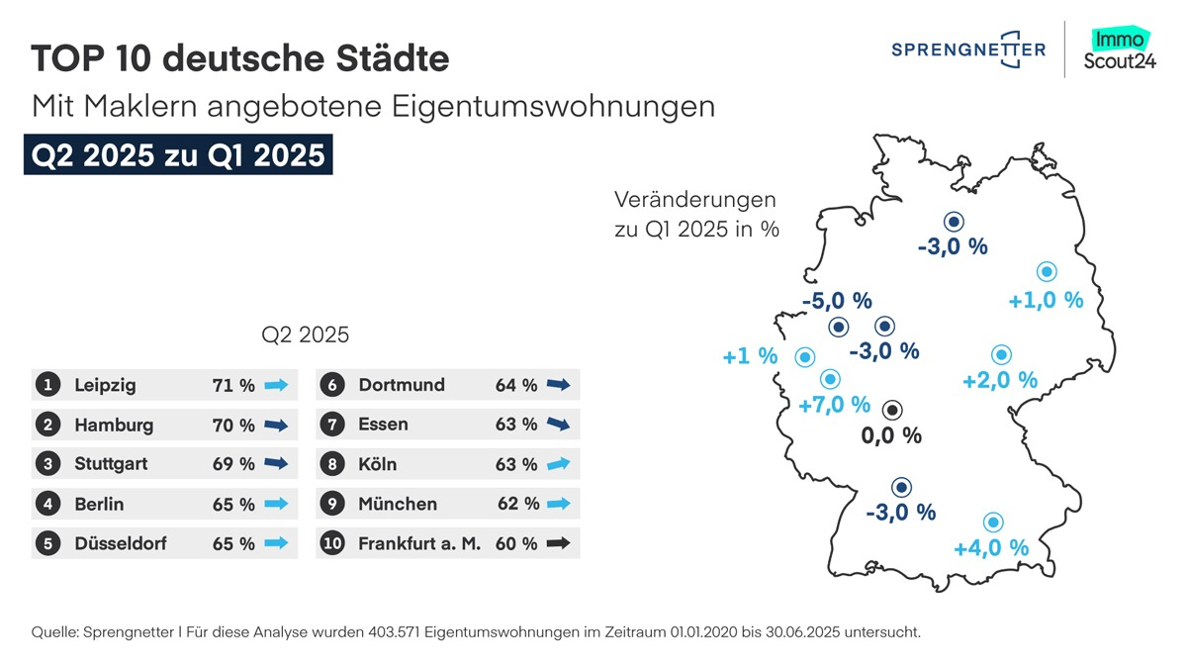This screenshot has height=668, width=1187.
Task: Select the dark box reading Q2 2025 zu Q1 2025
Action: [x=178, y=156]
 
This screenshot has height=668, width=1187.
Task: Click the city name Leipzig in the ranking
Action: [x=105, y=385]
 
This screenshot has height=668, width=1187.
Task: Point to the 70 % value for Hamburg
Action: [x=233, y=426]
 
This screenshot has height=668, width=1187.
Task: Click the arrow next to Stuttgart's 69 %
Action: [x=276, y=464]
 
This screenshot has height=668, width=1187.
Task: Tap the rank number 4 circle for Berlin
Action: [x=47, y=504]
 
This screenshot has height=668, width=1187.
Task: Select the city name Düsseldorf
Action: [x=121, y=543]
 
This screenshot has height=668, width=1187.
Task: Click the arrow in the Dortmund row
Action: [x=559, y=385]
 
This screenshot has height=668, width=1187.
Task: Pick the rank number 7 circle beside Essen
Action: [x=332, y=425]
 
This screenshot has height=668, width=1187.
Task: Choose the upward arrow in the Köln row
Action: [x=559, y=463]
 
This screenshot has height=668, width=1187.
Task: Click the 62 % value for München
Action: [x=518, y=504]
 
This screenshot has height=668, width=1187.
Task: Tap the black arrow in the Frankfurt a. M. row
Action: [x=559, y=543]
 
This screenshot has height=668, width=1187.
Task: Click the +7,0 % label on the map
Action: [x=834, y=404]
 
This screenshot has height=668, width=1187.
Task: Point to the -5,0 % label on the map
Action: [x=837, y=300]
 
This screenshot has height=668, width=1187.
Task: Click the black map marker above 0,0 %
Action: [x=892, y=410]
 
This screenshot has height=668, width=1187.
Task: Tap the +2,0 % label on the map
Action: [x=999, y=380]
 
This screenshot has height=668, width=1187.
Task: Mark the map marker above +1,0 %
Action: [x=1046, y=272]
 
